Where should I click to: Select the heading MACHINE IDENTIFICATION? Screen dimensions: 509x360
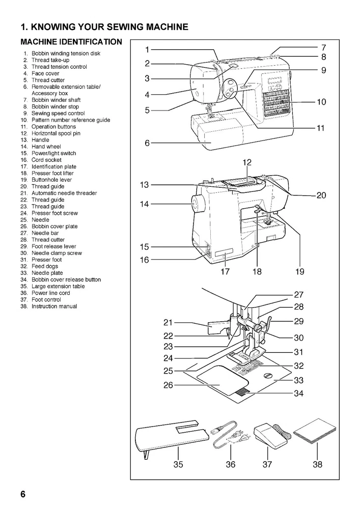[x=71, y=41]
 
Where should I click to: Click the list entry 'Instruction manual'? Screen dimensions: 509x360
[x=54, y=306]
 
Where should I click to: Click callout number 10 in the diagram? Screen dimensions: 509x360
[x=321, y=102]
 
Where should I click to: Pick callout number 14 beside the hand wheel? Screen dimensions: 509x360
[x=144, y=204]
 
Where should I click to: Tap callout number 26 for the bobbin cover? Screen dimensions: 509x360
[x=168, y=385]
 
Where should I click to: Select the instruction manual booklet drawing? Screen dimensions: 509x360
[x=316, y=431]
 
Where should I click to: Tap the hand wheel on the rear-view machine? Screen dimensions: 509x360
[x=196, y=205]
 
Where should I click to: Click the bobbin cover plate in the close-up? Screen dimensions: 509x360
[x=221, y=379]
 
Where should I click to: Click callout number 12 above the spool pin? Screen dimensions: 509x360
[x=247, y=163]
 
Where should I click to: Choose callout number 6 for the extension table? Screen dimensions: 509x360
[x=147, y=144]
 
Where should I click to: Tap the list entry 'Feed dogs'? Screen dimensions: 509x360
[x=45, y=266]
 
